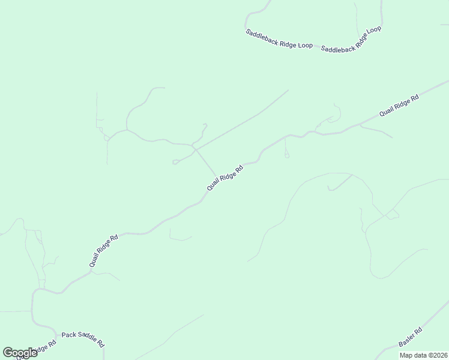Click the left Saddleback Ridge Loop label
click(279, 40)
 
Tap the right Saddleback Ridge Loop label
click(352, 40)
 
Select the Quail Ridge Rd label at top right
click(399, 106)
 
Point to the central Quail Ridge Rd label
click(225, 178)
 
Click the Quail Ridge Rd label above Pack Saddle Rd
click(104, 251)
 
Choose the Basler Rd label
click(411, 337)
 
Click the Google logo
click(20, 352)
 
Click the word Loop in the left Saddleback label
click(305, 46)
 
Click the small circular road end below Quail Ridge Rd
click(287, 156)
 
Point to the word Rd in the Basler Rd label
click(419, 331)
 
